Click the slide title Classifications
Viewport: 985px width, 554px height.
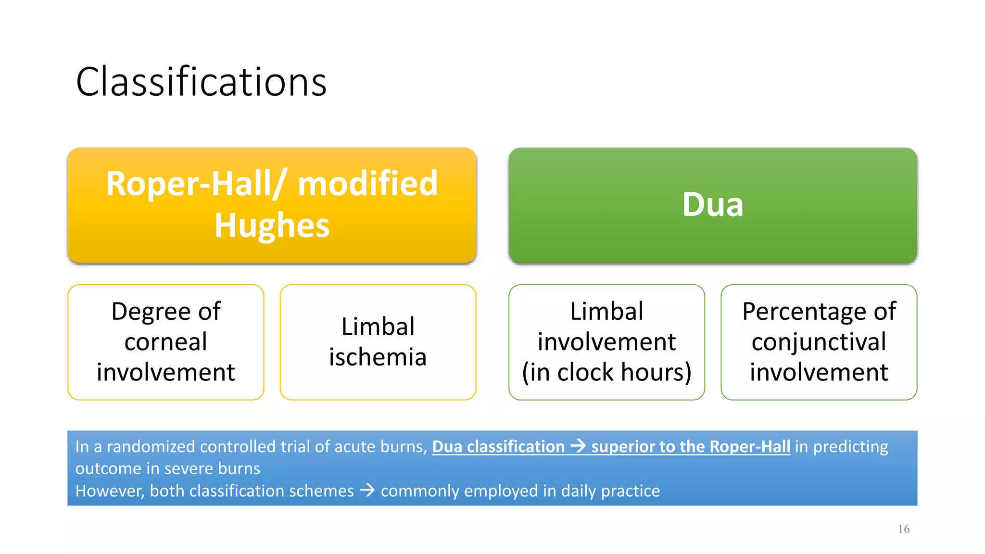[x=201, y=82]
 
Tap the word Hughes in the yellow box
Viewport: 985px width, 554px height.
[x=272, y=226]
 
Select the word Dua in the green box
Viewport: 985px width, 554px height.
[x=712, y=205]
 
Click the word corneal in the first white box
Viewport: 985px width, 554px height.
[x=165, y=342]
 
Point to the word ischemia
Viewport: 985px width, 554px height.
[x=378, y=357]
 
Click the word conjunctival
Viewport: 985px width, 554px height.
[x=819, y=342]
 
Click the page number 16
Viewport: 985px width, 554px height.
[x=903, y=529]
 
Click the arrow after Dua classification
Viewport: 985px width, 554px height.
[x=578, y=446]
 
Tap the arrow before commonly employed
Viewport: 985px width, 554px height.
[x=367, y=491]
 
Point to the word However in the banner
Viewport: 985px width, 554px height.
[x=109, y=491]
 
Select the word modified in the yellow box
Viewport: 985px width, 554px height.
[x=367, y=184]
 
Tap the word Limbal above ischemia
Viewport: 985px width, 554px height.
[x=378, y=327]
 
